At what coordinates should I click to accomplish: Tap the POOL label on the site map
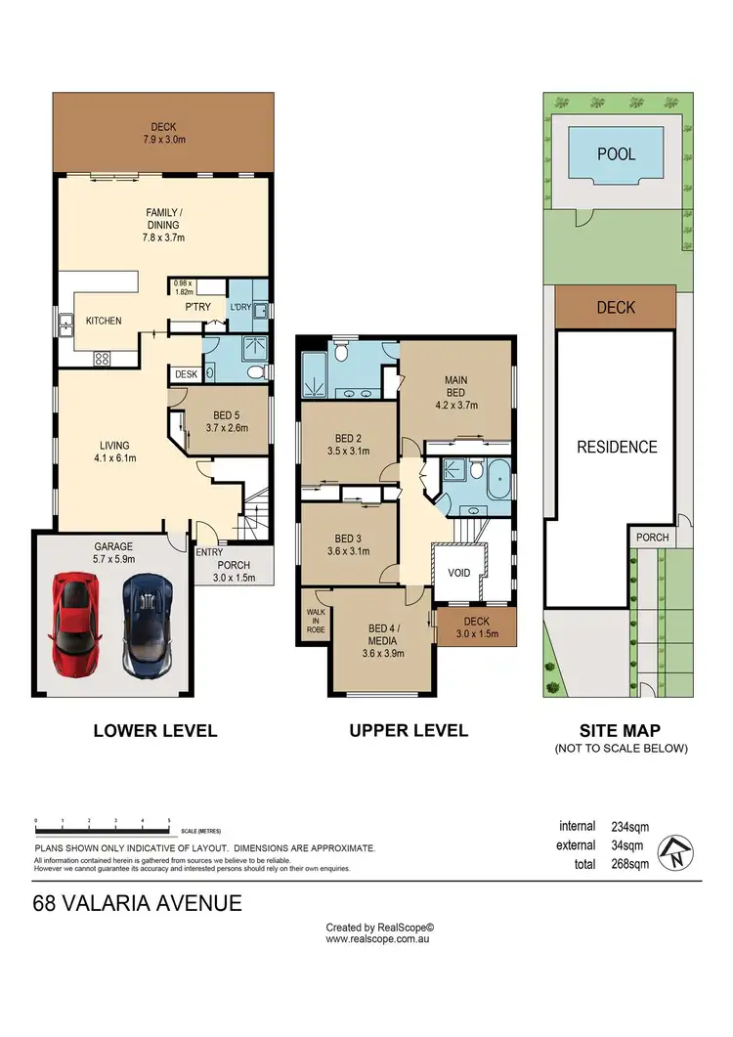pyautogui.click(x=616, y=154)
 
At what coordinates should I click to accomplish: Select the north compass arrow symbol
pyautogui.click(x=676, y=852)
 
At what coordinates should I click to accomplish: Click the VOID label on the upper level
pyautogui.click(x=458, y=573)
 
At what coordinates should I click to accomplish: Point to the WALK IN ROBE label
pyautogui.click(x=316, y=621)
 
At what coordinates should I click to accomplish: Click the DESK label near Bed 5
pyautogui.click(x=186, y=374)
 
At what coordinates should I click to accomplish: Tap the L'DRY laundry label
pyautogui.click(x=240, y=307)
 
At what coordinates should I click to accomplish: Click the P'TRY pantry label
pyautogui.click(x=197, y=307)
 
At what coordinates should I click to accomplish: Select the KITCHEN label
pyautogui.click(x=104, y=321)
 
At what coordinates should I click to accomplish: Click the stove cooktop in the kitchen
pyautogui.click(x=102, y=359)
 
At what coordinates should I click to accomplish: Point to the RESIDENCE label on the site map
pyautogui.click(x=617, y=447)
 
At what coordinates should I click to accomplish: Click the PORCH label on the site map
pyautogui.click(x=652, y=538)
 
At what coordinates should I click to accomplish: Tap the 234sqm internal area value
pyautogui.click(x=629, y=827)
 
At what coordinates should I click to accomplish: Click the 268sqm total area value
pyautogui.click(x=629, y=864)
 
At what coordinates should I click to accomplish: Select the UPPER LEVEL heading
pyautogui.click(x=409, y=731)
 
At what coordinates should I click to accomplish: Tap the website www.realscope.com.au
pyautogui.click(x=377, y=938)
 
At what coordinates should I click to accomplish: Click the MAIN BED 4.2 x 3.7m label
pyautogui.click(x=455, y=393)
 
